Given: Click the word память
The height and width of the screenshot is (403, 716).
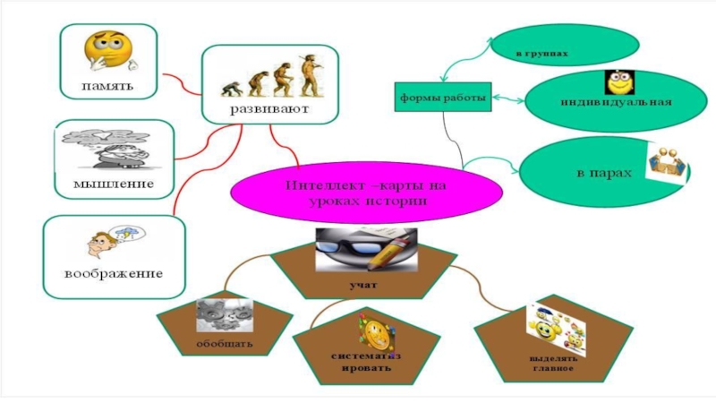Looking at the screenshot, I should tap(108, 87).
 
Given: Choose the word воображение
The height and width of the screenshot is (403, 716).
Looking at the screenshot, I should tap(113, 271).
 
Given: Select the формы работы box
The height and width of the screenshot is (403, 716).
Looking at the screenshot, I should tap(443, 96).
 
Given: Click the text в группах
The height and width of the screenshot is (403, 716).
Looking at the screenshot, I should tap(542, 54).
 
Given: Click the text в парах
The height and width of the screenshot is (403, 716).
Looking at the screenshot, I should tap(597, 171).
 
